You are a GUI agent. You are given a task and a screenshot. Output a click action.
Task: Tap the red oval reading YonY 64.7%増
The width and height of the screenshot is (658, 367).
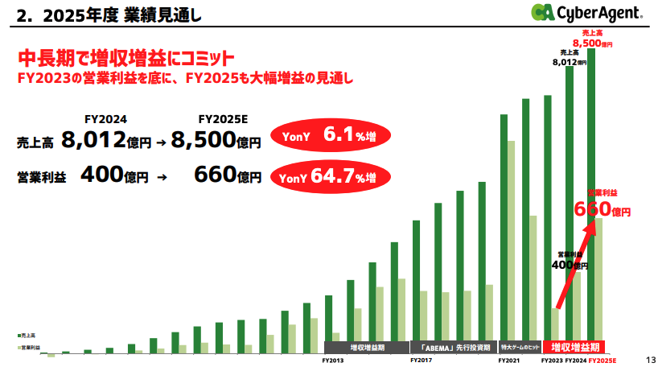coord(329,176)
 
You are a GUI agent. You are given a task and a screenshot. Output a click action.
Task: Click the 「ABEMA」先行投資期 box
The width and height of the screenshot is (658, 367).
coord(454,348)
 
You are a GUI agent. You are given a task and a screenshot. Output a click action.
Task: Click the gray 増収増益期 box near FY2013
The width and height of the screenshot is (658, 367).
coord(366,348)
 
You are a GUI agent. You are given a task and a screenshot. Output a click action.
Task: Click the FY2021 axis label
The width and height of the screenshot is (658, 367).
coord(508,361)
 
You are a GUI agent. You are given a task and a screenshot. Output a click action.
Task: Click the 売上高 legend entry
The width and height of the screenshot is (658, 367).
coord(27,333)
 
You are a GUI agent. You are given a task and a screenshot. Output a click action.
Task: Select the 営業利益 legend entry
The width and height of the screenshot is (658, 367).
coord(29,347)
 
